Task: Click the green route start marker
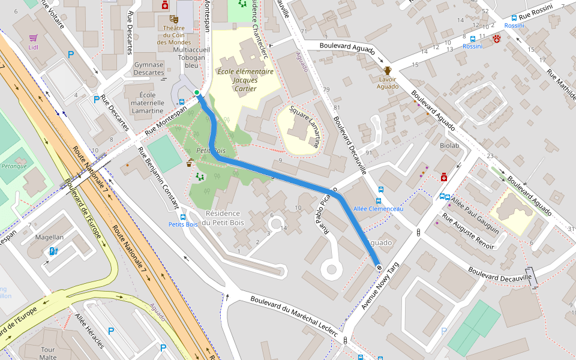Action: click(197, 92)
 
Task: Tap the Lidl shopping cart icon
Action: click(34, 37)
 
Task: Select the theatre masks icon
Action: click(173, 19)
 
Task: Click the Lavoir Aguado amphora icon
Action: click(388, 70)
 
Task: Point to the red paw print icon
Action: click(497, 39)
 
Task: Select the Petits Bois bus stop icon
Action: click(183, 217)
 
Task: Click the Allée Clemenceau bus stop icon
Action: click(379, 200)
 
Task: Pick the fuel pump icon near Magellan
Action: click(53, 251)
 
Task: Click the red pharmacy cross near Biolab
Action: click(444, 177)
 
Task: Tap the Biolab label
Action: click(449, 146)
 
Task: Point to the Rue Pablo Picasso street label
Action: click(324, 216)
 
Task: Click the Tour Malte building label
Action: click(48, 353)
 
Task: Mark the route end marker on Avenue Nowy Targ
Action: click(379, 266)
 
